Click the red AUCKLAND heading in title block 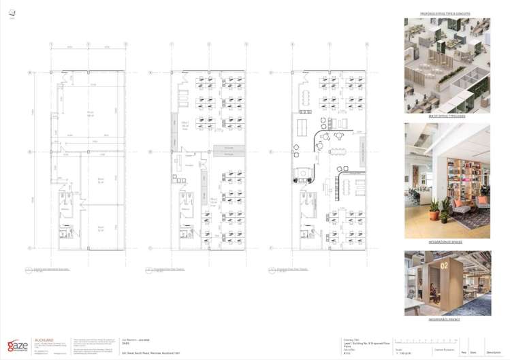[x=42, y=339]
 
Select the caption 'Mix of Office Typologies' [x=447, y=116]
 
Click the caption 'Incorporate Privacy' [x=445, y=319]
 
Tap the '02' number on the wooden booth [x=444, y=263]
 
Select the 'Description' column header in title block [x=493, y=353]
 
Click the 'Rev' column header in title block [x=464, y=353]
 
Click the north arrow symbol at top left [x=12, y=13]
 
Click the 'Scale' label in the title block [x=398, y=349]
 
